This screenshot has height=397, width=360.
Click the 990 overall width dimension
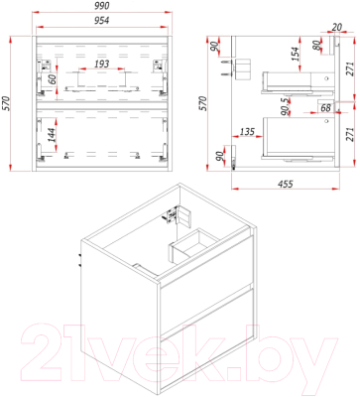102,6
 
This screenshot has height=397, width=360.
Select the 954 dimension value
102,21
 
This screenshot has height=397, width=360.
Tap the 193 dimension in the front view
102,64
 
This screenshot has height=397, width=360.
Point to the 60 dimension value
51,79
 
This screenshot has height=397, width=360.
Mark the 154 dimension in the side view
295,54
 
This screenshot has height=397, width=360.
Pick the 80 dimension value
316,46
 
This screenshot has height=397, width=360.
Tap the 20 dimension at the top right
336,27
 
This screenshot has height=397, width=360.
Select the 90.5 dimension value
285,106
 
